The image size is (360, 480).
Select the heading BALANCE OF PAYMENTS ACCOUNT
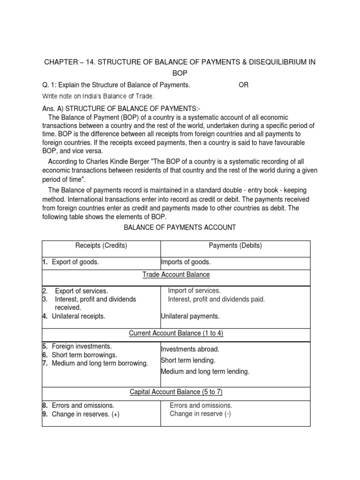point(180,227)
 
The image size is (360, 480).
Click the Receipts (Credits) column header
point(101,246)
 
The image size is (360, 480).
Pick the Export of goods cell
point(75,262)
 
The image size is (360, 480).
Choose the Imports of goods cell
point(186,262)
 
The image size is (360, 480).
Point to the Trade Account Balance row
point(176,274)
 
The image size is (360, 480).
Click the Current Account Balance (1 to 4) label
point(176,333)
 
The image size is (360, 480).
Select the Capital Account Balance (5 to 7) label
point(176,392)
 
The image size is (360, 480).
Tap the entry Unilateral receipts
point(78,316)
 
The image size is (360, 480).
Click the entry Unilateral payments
point(190,316)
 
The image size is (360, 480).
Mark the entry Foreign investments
point(82,346)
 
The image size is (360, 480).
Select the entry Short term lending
point(188,360)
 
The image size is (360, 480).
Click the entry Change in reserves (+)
point(85,414)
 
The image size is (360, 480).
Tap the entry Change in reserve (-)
point(200,414)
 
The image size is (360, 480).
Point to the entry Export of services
point(81,291)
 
